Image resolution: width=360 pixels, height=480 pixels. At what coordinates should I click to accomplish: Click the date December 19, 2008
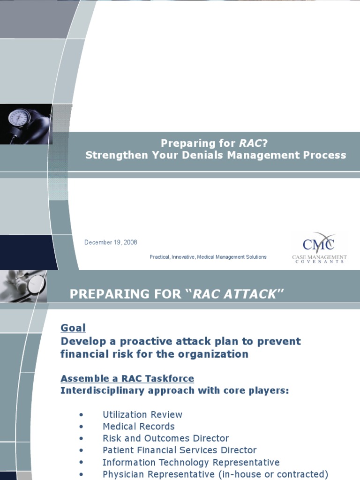pyautogui.click(x=111, y=242)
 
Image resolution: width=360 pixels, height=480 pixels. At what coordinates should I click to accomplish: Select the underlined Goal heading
pyautogui.click(x=73, y=328)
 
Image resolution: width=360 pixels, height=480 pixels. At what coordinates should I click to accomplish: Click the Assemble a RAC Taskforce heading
pyautogui.click(x=127, y=378)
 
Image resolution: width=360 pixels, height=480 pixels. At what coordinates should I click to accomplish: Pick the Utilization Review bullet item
pyautogui.click(x=142, y=414)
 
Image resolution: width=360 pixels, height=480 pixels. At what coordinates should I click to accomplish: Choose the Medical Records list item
pyautogui.click(x=139, y=427)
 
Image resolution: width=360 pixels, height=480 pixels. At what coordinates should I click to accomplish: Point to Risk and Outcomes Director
pyautogui.click(x=165, y=438)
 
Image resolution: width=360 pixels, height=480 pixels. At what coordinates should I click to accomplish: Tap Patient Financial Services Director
pyautogui.click(x=180, y=450)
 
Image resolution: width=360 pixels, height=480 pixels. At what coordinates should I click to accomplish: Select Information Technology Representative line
pyautogui.click(x=191, y=462)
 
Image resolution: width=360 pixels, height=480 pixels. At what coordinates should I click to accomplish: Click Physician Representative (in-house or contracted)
pyautogui.click(x=216, y=474)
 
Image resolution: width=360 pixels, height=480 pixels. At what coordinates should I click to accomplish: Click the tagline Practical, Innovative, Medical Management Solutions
pyautogui.click(x=208, y=257)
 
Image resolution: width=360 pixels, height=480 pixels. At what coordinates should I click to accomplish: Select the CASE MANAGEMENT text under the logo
pyautogui.click(x=319, y=257)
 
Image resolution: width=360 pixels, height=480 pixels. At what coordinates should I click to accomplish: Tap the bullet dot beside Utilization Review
pyautogui.click(x=82, y=415)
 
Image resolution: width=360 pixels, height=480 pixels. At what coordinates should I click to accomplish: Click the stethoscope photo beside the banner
pyautogui.click(x=23, y=286)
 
